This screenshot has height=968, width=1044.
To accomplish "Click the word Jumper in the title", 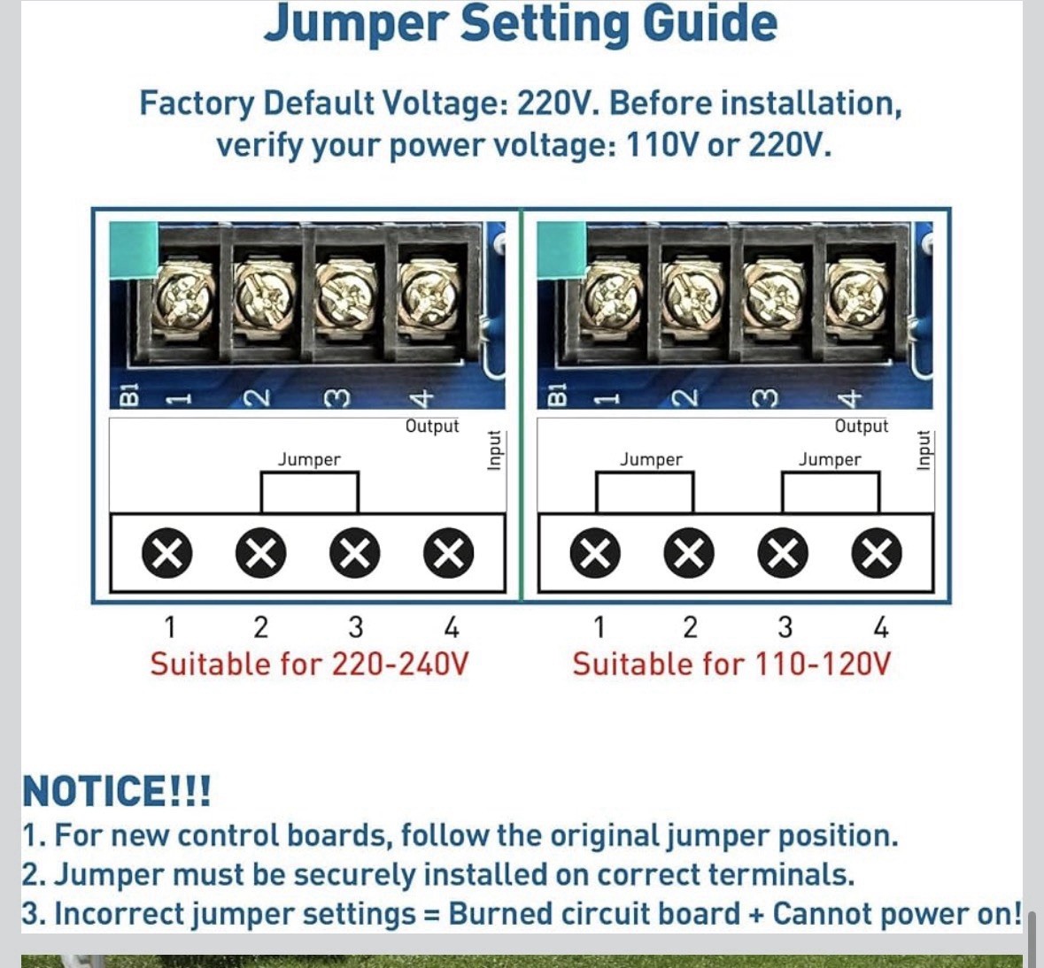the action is pyautogui.click(x=354, y=23).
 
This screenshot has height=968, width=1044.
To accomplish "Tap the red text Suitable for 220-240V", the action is pyautogui.click(x=310, y=664).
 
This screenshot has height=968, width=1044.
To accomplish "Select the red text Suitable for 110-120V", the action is pyautogui.click(x=731, y=664).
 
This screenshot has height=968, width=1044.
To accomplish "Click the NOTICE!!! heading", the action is pyautogui.click(x=117, y=790).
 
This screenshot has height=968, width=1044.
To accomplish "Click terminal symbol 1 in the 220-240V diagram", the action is pyautogui.click(x=167, y=553).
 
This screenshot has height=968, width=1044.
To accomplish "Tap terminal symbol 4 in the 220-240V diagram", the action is pyautogui.click(x=449, y=553).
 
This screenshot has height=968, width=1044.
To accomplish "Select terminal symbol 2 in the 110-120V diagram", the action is pyautogui.click(x=689, y=553).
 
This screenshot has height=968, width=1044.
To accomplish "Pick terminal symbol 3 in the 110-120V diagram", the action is pyautogui.click(x=783, y=553).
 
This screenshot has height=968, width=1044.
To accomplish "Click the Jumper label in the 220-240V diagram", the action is pyautogui.click(x=309, y=460).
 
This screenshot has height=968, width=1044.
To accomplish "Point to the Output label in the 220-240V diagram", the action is pyautogui.click(x=432, y=426).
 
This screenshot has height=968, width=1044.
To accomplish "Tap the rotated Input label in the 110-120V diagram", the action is pyautogui.click(x=923, y=450).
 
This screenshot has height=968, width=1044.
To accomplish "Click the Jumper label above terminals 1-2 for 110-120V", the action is pyautogui.click(x=651, y=460).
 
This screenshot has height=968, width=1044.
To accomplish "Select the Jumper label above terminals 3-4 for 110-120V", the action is pyautogui.click(x=830, y=460).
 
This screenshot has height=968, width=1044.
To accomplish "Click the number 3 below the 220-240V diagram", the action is pyautogui.click(x=356, y=627).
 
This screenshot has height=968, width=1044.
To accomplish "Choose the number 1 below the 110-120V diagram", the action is pyautogui.click(x=599, y=627).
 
